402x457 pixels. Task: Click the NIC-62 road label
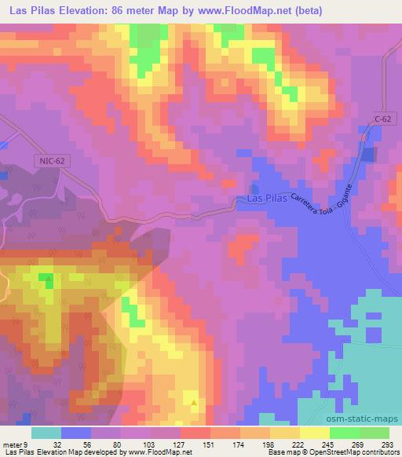pyautogui.click(x=51, y=160)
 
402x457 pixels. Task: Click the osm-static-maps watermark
pyautogui.click(x=367, y=417)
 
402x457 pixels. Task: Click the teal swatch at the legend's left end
pyautogui.click(x=46, y=433)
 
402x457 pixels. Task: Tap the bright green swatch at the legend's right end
pyautogui.click(x=375, y=433)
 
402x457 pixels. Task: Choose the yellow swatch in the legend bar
pyautogui.click(x=314, y=433)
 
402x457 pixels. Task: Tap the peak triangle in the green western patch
pyautogui.click(x=49, y=277)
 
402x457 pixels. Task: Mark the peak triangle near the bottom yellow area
pyautogui.click(x=194, y=402)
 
